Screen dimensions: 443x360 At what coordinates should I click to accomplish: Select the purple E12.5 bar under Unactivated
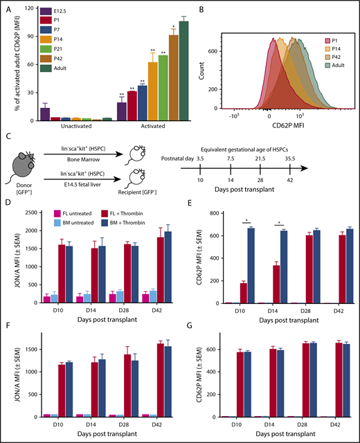click(x=45, y=115)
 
